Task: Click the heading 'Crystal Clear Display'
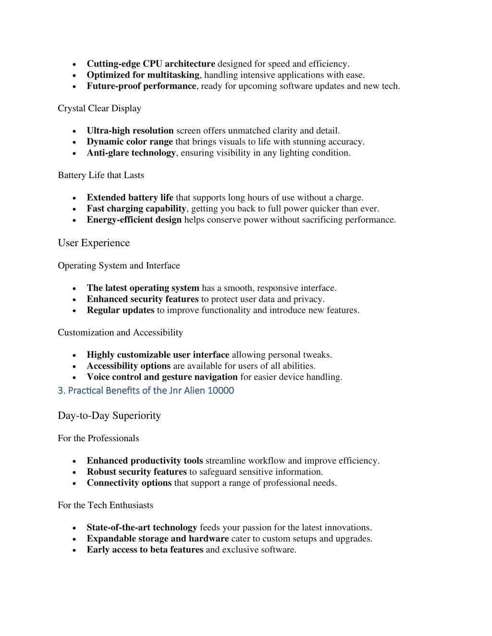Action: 99,108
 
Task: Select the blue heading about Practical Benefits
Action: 146,391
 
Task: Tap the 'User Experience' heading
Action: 94,243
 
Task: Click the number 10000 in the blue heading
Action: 221,391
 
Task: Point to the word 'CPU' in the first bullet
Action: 152,64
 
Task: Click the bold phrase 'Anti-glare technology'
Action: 131,153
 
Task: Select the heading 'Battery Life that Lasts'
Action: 101,175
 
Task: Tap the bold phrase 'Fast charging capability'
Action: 136,209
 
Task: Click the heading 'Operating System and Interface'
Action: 119,266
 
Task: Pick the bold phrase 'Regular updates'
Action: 121,311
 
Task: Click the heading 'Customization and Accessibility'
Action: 120,333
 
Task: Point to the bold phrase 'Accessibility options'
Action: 129,366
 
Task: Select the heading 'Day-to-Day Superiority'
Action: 109,416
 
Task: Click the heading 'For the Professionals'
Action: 98,438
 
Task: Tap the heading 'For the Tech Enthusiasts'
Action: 105,505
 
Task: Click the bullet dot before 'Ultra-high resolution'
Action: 74,131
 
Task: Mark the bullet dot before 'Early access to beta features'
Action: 74,551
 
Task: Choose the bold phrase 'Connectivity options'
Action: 129,483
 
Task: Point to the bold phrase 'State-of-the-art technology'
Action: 142,528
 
